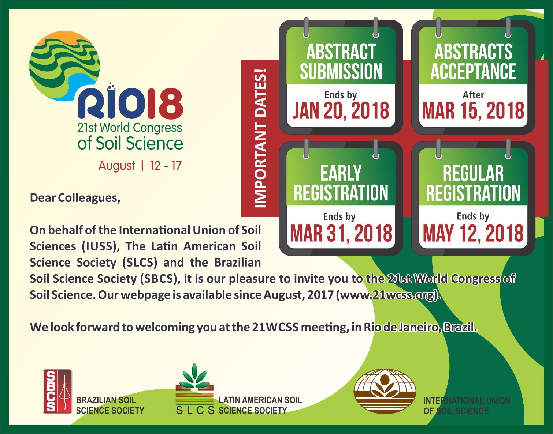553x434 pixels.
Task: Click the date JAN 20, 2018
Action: point(341,111)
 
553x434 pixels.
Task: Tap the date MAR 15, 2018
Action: point(473,111)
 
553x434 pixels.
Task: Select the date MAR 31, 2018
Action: point(341,233)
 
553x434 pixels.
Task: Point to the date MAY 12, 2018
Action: point(473,233)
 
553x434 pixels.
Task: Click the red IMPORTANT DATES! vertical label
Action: point(260,138)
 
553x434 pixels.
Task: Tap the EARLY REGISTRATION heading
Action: point(341,183)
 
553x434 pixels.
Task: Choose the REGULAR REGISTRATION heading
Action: point(473,183)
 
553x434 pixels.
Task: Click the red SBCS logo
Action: point(57,391)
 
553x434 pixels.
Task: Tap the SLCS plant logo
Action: point(195,388)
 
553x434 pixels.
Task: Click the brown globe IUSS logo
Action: point(385,391)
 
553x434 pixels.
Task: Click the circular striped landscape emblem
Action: point(64,66)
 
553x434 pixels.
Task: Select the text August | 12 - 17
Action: point(140,166)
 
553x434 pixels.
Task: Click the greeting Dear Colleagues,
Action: point(75,198)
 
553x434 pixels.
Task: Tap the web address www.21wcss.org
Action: point(389,295)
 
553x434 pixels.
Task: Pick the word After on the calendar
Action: point(473,95)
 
